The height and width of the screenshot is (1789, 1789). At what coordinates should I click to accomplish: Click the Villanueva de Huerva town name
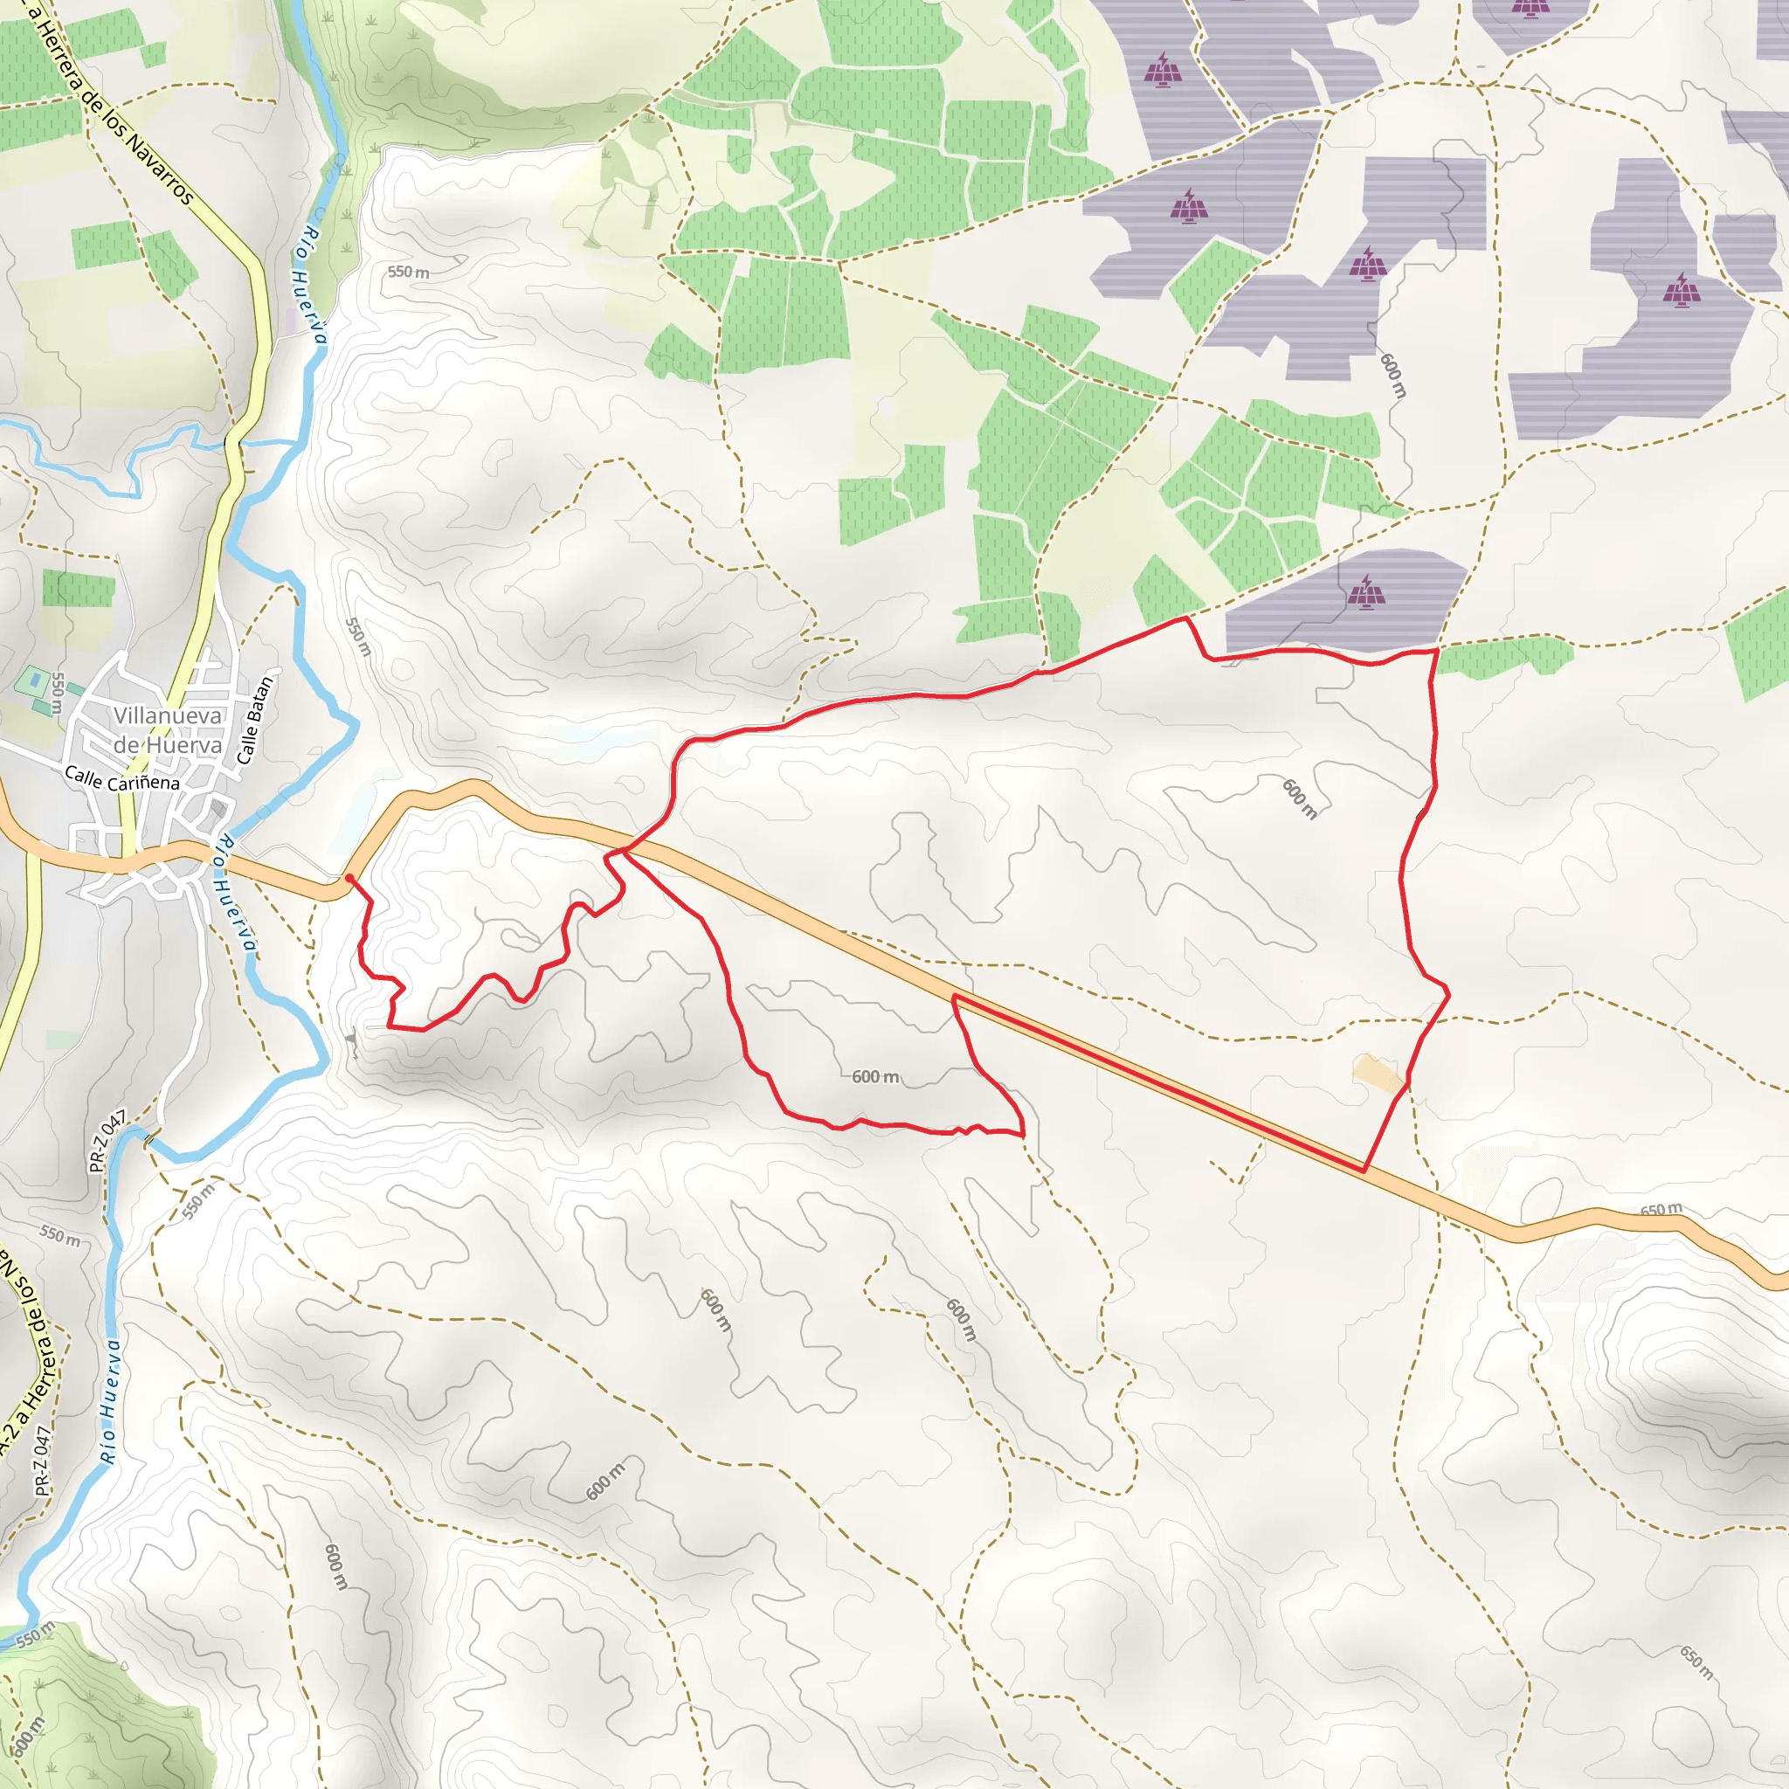[x=168, y=729]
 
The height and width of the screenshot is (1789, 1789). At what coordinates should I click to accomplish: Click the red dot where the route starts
[x=349, y=877]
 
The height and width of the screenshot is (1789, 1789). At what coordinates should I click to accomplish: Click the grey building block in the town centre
[x=218, y=809]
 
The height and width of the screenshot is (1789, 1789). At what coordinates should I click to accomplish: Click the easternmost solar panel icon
[x=1682, y=290]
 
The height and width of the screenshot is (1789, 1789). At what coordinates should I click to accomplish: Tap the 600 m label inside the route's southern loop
[x=875, y=1076]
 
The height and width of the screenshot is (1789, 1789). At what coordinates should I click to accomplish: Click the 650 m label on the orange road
[x=1661, y=1209]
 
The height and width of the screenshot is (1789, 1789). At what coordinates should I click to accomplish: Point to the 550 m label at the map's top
[x=408, y=272]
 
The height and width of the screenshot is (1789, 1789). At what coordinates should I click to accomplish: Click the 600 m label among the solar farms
[x=1392, y=375]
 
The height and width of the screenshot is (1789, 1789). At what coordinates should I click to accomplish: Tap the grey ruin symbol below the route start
[x=352, y=1040]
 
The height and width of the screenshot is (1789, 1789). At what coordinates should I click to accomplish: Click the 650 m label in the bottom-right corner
[x=1696, y=1663]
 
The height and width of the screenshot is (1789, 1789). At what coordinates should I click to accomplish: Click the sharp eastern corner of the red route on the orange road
[x=1364, y=1171]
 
